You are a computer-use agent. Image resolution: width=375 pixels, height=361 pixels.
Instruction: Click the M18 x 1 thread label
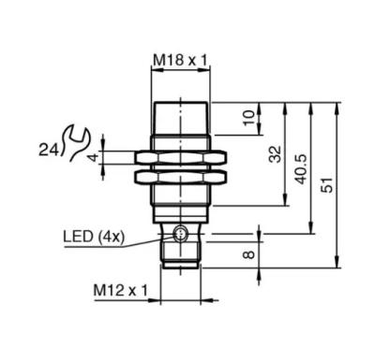pos(180,60)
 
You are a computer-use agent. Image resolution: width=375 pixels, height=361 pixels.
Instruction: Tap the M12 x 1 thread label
pos(120,291)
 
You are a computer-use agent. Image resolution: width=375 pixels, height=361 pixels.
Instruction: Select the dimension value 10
pos(249,118)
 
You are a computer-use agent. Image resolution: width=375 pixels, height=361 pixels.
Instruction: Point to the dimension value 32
pos(276,154)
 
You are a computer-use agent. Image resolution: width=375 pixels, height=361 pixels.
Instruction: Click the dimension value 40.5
pos(302,168)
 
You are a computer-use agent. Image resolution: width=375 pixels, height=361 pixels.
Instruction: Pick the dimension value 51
pos(327,185)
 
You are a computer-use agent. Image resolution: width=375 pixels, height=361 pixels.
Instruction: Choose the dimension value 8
pos(249,254)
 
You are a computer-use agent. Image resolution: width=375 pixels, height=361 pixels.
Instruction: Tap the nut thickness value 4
pos(94,157)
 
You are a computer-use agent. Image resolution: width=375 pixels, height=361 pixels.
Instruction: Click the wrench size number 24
pos(49,151)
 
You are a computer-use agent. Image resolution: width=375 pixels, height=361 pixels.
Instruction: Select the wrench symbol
pos(77,142)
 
